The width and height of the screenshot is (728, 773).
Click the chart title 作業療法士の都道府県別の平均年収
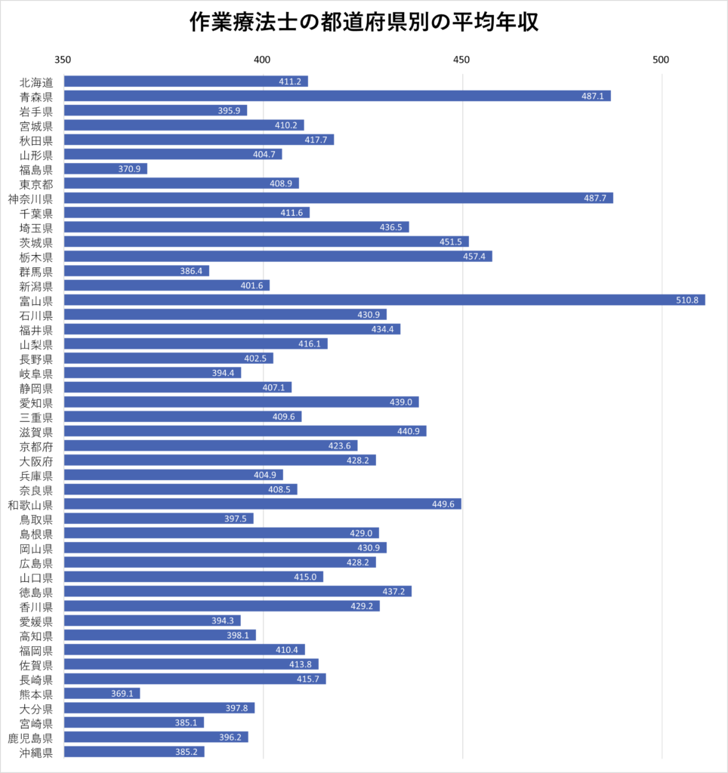pyautogui.click(x=363, y=23)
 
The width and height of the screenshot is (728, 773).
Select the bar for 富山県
pyautogui.click(x=384, y=300)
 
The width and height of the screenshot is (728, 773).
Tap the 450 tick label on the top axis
pyautogui.click(x=461, y=60)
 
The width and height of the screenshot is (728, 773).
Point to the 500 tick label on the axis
pyautogui.click(x=661, y=60)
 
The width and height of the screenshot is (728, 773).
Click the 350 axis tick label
pyautogui.click(x=63, y=60)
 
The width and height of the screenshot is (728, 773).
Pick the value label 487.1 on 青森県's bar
pyautogui.click(x=592, y=96)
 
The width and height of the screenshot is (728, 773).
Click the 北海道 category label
pyautogui.click(x=36, y=82)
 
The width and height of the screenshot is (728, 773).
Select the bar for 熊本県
pyautogui.click(x=101, y=693)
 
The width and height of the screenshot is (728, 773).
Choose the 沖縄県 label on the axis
pyautogui.click(x=36, y=752)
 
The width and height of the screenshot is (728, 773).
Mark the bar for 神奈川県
pyautogui.click(x=338, y=198)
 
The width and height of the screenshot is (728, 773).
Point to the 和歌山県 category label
pyautogui.click(x=30, y=504)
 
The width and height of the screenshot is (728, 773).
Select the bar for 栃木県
pyautogui.click(x=277, y=256)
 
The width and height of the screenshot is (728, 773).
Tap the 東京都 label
pyautogui.click(x=36, y=183)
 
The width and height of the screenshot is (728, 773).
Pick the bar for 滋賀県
pyautogui.click(x=245, y=431)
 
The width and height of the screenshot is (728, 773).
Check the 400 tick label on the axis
pyautogui.click(x=262, y=60)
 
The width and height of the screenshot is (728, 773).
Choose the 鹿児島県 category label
pyautogui.click(x=30, y=737)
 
